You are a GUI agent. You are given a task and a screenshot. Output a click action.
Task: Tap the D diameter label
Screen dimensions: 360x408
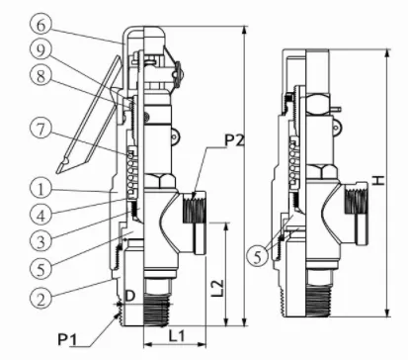[130, 294]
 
